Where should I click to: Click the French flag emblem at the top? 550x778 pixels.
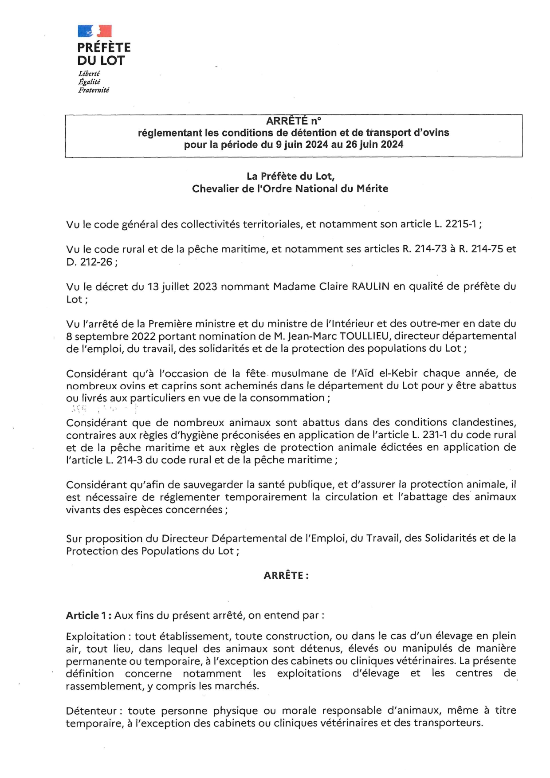(x=94, y=31)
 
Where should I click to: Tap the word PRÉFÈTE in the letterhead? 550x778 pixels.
(x=104, y=47)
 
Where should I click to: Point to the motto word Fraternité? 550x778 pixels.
(x=94, y=90)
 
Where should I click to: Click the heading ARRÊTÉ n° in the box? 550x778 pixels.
(x=293, y=121)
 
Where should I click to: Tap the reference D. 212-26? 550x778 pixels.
(x=89, y=262)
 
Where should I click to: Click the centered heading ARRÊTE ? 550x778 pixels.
(x=286, y=575)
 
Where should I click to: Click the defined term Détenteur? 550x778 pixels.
(x=91, y=710)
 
